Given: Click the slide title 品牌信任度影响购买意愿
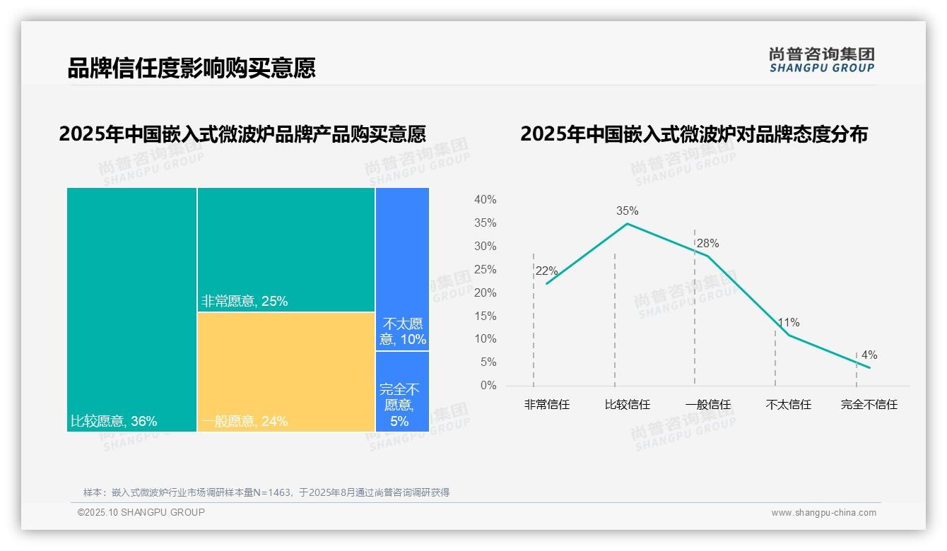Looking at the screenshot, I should [x=191, y=68].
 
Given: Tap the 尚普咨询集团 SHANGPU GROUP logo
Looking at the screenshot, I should [x=822, y=60].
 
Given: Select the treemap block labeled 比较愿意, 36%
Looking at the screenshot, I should [x=131, y=309].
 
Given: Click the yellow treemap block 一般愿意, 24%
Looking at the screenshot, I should [x=286, y=371].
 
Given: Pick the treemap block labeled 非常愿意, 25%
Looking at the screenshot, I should [x=286, y=249].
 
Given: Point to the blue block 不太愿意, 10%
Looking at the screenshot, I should [x=402, y=268].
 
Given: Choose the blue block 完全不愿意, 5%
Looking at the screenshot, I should [x=402, y=391].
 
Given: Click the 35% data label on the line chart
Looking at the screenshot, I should [x=627, y=211].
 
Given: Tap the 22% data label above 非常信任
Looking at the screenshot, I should [x=546, y=271].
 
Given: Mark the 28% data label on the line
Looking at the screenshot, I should [x=707, y=244].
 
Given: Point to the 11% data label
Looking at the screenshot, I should [x=788, y=323].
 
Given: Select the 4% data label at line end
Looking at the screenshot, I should [x=869, y=355].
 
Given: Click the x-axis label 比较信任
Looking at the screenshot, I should [x=627, y=405].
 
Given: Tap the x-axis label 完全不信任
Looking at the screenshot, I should [x=869, y=405].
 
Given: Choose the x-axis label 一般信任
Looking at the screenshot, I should [x=707, y=405].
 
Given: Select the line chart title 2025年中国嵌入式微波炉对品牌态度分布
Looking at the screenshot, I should [x=693, y=134].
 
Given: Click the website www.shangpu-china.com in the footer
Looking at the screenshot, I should [x=823, y=513].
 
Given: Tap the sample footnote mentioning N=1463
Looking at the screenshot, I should [x=266, y=492].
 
